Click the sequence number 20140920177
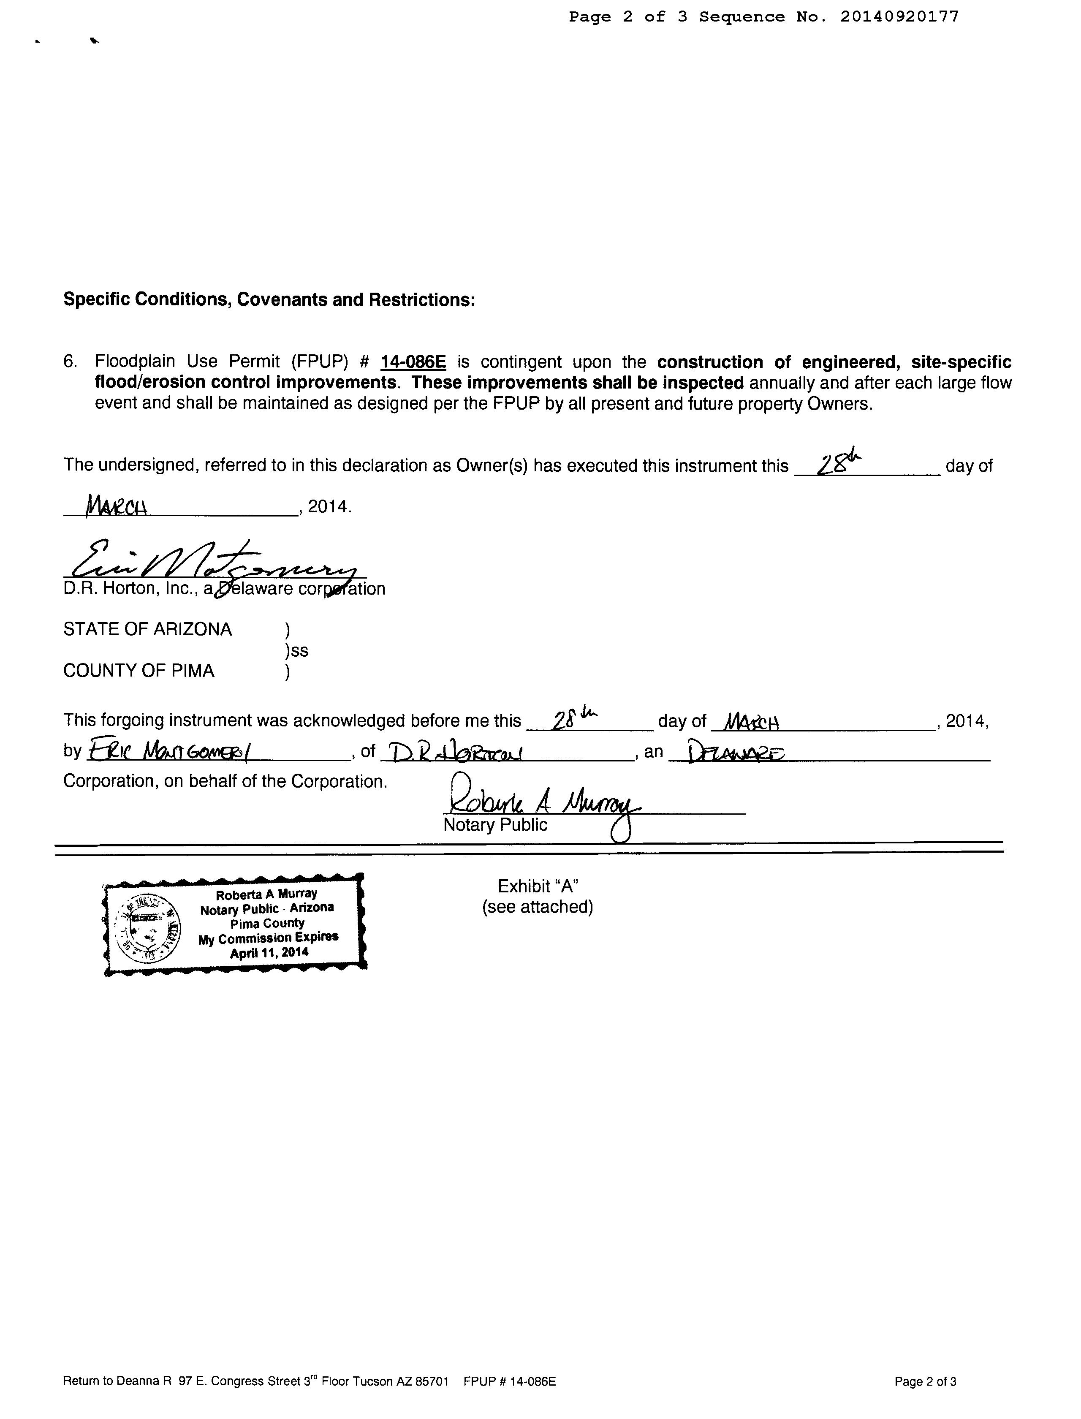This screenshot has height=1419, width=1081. (x=899, y=17)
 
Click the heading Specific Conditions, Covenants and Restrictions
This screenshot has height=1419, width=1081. (x=269, y=300)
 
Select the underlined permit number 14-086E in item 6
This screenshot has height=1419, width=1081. (x=413, y=362)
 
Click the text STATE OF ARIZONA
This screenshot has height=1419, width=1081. (x=147, y=629)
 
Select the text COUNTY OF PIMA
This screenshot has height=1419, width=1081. (x=139, y=671)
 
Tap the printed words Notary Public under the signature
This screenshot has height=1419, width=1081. (x=495, y=825)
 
